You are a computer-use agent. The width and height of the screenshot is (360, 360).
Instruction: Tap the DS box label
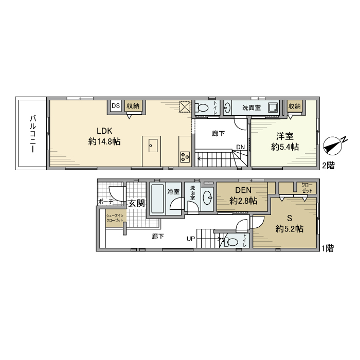(x=115, y=106)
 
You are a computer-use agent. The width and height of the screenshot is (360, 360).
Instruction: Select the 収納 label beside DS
(x=133, y=106)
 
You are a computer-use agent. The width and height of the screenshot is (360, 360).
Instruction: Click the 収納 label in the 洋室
(x=295, y=106)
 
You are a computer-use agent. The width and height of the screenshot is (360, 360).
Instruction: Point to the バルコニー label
(x=32, y=134)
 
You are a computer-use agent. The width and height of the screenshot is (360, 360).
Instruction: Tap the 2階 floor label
(x=328, y=166)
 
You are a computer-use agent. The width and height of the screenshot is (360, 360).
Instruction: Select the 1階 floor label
(x=328, y=248)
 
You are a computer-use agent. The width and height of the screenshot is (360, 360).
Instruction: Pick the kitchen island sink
(x=151, y=146)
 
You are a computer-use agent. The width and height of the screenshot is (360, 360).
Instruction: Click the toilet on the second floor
(x=204, y=108)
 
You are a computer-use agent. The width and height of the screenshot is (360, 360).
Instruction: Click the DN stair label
(x=240, y=147)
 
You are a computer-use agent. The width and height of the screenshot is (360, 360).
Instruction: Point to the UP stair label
(x=190, y=239)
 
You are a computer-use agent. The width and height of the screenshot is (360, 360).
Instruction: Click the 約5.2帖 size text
(x=289, y=229)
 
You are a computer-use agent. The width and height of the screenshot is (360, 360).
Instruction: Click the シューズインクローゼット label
(x=115, y=218)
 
